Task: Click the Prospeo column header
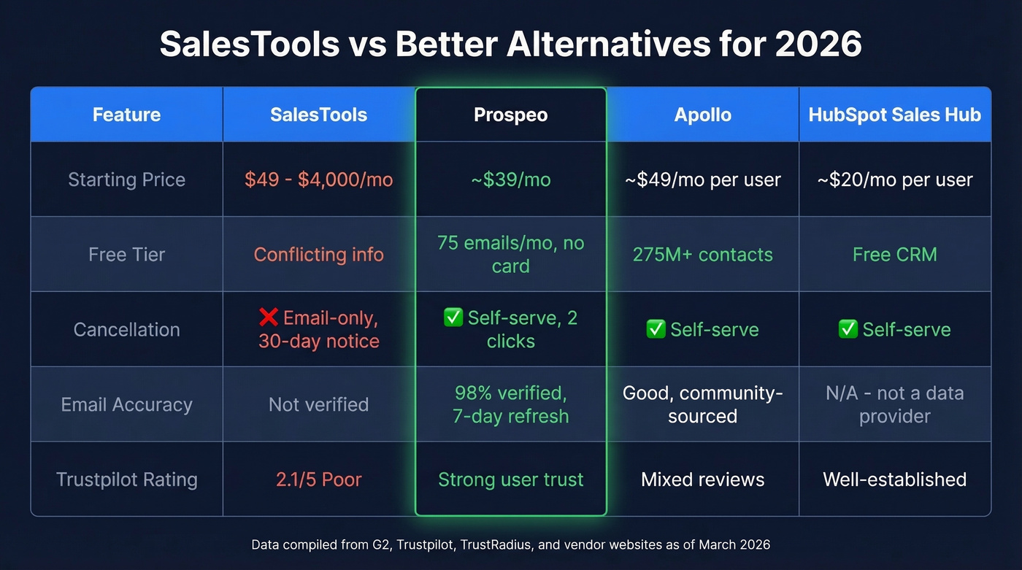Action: (510, 115)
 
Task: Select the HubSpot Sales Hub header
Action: (894, 115)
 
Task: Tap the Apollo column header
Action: (702, 115)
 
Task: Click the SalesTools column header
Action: (318, 115)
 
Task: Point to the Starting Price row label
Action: (126, 180)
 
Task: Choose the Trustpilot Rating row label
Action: (126, 480)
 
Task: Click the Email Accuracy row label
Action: (126, 404)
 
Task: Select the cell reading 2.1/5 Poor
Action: (318, 480)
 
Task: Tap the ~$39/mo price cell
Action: (510, 180)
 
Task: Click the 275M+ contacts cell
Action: (702, 255)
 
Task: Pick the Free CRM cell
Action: (894, 255)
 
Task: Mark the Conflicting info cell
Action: (318, 255)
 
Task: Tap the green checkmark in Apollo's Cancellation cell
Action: (656, 330)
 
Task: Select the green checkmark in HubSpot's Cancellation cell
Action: (848, 330)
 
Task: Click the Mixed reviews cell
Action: (702, 480)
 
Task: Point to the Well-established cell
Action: (894, 480)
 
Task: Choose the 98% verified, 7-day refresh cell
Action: (510, 404)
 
